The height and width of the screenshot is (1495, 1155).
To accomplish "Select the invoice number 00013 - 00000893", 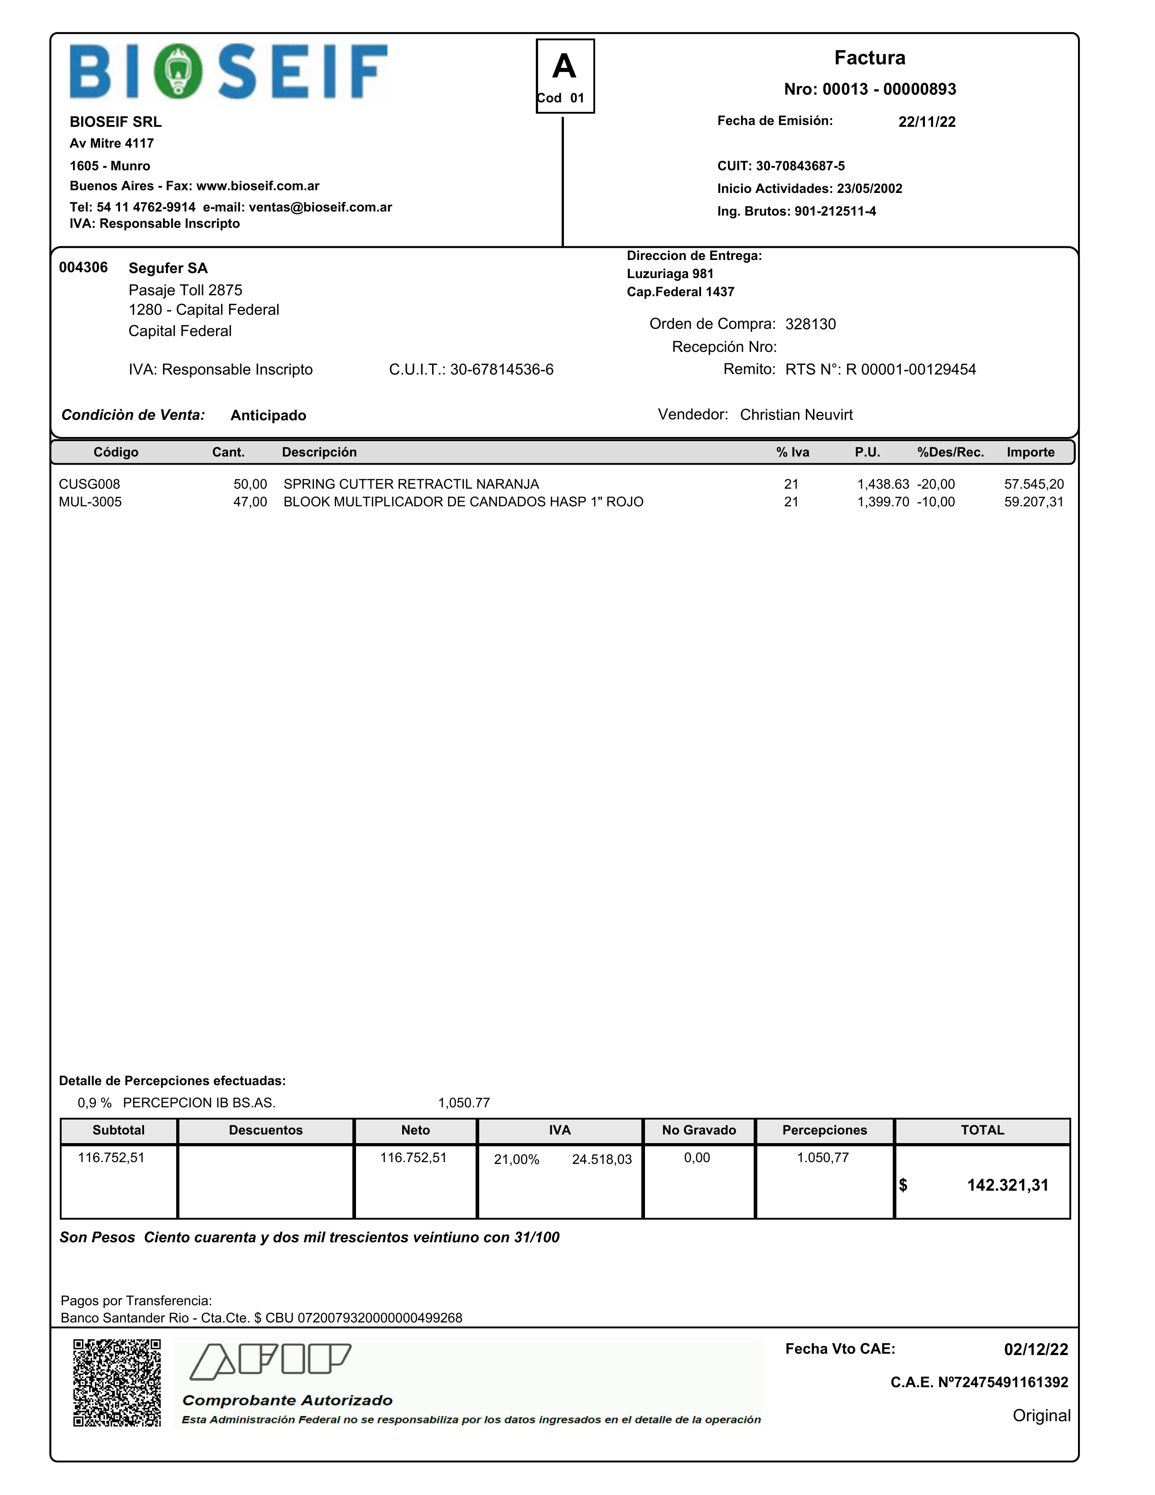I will (x=870, y=89).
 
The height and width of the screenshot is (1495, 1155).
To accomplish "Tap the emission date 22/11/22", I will (x=926, y=122).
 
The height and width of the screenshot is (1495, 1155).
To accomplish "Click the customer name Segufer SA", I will (x=168, y=268).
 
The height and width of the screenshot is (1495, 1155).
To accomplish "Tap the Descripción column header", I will (x=319, y=452).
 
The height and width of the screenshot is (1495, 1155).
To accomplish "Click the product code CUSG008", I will (x=89, y=484).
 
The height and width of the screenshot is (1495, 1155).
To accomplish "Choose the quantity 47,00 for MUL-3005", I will (x=250, y=502).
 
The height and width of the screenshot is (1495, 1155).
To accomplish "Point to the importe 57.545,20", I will (x=1033, y=484).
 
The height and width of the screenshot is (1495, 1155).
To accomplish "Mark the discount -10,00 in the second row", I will (x=935, y=502).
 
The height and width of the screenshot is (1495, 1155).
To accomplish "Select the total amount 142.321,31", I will (x=1007, y=1186).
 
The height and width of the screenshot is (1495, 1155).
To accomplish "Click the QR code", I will (x=117, y=1383).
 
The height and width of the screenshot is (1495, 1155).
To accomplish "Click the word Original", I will (x=1041, y=1416).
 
